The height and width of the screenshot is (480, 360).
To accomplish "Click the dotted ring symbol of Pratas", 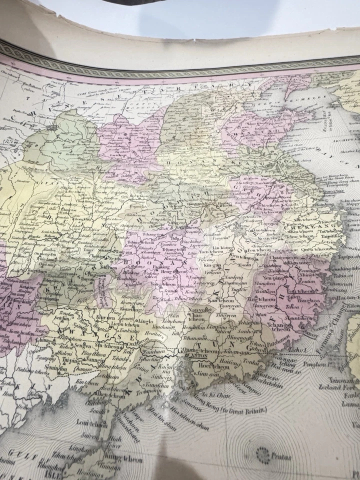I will click(x=261, y=453).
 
